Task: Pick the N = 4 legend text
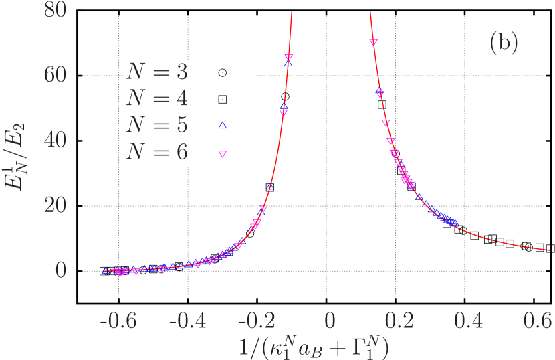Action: click(x=157, y=98)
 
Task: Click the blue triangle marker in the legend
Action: click(x=223, y=124)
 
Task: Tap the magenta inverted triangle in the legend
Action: click(x=223, y=154)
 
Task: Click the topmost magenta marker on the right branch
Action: click(x=374, y=42)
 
